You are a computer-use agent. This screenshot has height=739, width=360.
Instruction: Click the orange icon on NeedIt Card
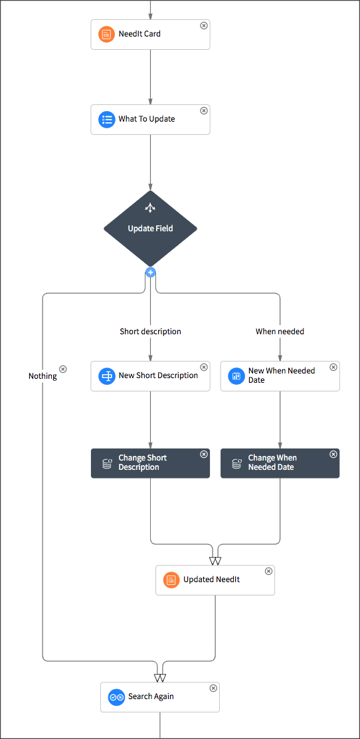(106, 34)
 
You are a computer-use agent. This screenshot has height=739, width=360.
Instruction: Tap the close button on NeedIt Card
(204, 25)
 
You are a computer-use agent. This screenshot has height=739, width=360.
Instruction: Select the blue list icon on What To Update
(106, 120)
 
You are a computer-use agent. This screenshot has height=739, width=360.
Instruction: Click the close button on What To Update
(204, 111)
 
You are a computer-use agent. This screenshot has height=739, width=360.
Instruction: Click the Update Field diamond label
(150, 229)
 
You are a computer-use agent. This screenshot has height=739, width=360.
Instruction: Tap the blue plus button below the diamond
(151, 272)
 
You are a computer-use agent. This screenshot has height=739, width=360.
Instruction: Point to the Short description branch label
(150, 332)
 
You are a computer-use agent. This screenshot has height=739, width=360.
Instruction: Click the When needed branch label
(280, 332)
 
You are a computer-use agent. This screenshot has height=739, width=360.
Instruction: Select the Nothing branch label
(43, 376)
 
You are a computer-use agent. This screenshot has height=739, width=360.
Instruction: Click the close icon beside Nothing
(63, 369)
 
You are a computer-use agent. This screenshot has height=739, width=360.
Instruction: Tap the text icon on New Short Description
(106, 376)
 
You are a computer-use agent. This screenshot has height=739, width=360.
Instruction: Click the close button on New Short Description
(204, 368)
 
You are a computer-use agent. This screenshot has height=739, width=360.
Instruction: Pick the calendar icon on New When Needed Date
(236, 376)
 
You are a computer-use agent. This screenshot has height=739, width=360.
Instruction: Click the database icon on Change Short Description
(106, 463)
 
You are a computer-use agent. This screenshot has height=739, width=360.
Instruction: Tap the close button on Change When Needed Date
(333, 455)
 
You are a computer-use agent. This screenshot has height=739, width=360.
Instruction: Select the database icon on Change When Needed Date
(236, 463)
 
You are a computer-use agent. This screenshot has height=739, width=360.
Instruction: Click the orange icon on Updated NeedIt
(171, 580)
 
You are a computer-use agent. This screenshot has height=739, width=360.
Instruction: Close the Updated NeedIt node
(268, 572)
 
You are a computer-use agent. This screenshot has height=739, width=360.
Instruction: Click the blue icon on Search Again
(116, 697)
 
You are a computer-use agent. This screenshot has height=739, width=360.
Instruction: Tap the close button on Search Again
(213, 688)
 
